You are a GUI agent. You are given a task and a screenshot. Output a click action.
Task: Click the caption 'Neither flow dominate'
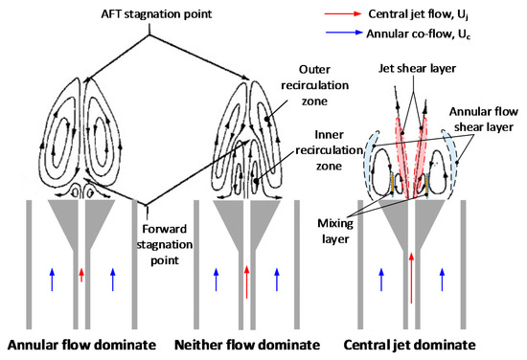247,342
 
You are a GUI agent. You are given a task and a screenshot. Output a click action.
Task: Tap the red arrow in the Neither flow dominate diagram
247,276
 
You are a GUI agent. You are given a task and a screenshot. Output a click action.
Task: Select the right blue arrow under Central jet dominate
444,278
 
